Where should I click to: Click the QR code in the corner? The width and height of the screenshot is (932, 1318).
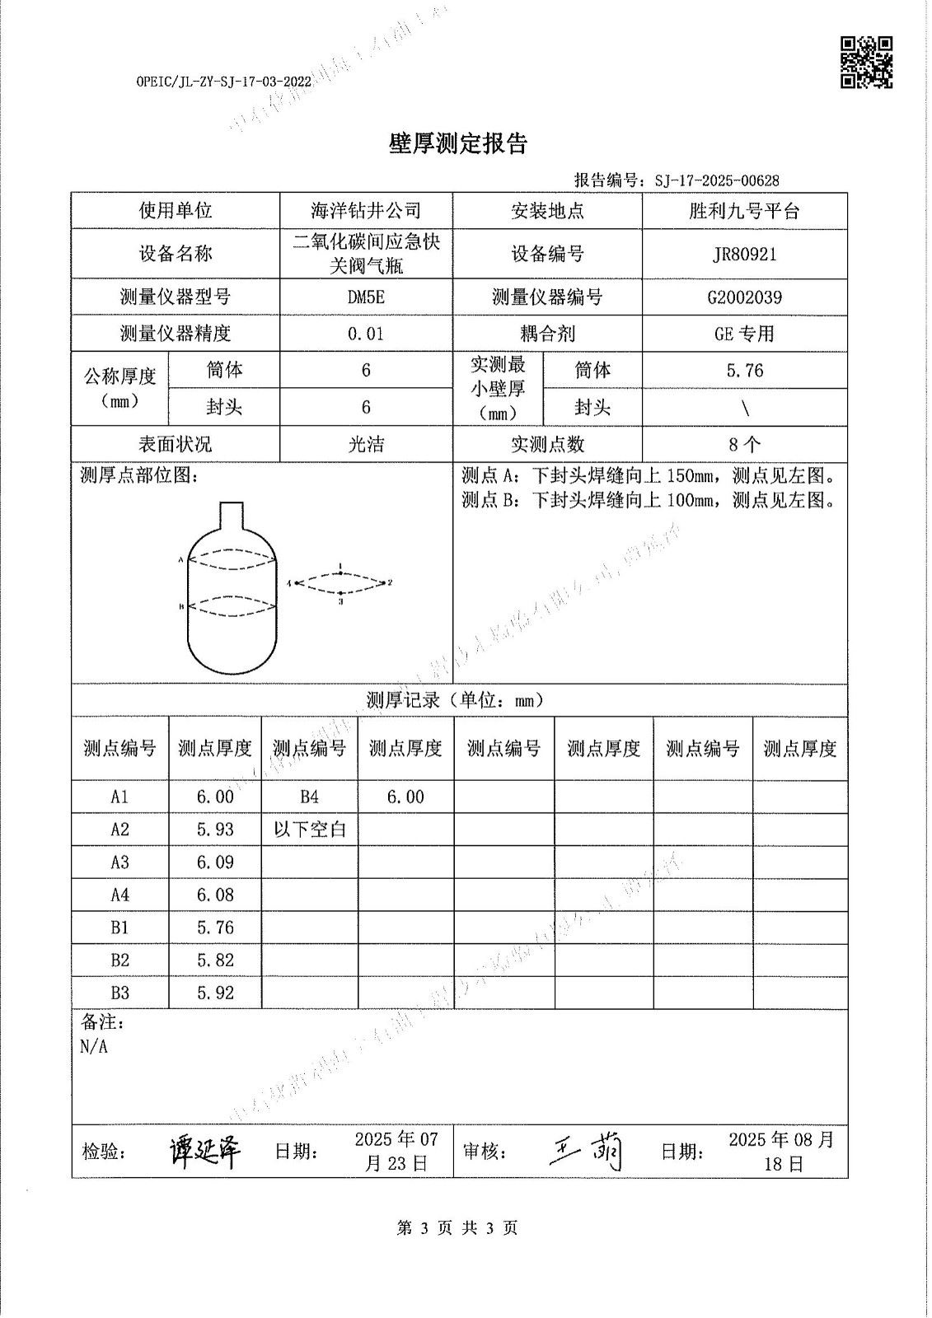(x=866, y=62)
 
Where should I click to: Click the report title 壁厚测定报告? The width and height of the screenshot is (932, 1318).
(x=457, y=145)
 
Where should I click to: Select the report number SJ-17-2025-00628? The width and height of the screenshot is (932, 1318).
(x=717, y=180)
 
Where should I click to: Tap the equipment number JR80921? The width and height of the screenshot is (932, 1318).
(x=744, y=255)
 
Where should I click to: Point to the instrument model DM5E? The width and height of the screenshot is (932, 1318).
(x=366, y=297)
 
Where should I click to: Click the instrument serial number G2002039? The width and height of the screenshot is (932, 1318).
(x=744, y=297)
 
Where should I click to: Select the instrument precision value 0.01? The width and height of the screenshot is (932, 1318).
(x=366, y=334)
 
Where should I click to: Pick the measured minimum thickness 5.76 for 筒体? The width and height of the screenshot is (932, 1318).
(x=744, y=371)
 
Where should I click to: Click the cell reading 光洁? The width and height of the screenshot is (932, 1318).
(x=366, y=445)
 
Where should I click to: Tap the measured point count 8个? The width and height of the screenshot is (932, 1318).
(x=744, y=445)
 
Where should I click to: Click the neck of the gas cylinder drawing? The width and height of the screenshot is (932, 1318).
(x=231, y=517)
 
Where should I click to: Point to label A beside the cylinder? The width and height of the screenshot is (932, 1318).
(x=180, y=560)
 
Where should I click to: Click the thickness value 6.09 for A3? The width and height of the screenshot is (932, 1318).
(x=215, y=862)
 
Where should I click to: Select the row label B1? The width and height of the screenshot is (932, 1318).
(x=119, y=928)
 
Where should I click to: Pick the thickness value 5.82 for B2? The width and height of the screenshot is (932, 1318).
(x=215, y=960)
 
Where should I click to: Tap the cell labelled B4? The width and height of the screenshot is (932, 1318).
(x=309, y=797)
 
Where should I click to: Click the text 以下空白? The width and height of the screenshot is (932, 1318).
(x=310, y=830)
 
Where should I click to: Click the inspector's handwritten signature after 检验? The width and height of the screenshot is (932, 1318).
(x=205, y=1152)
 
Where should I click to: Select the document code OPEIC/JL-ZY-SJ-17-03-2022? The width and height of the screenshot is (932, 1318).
(x=223, y=82)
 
